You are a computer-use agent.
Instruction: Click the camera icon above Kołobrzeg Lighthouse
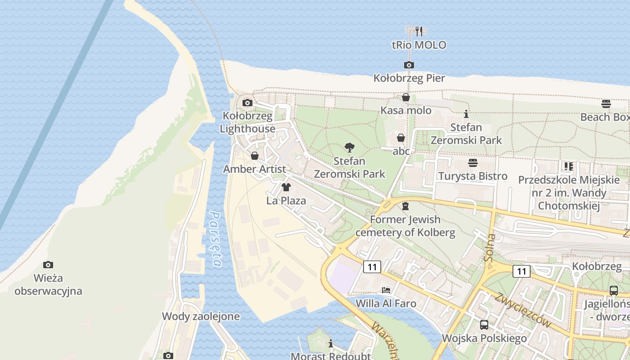pyautogui.click(x=247, y=103)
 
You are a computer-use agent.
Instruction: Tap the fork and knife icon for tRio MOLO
pyautogui.click(x=419, y=31)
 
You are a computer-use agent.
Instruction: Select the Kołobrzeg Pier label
pyautogui.click(x=409, y=78)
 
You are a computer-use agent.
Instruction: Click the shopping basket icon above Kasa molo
pyautogui.click(x=405, y=97)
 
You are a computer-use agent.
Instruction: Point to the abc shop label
pyautogui.click(x=401, y=151)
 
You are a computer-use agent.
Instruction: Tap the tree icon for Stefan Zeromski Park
pyautogui.click(x=349, y=147)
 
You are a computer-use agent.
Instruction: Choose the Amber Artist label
pyautogui.click(x=254, y=169)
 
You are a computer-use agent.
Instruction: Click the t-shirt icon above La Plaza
pyautogui.click(x=286, y=187)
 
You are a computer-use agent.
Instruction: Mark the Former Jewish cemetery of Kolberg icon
pyautogui.click(x=405, y=206)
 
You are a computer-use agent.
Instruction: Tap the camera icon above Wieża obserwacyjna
pyautogui.click(x=48, y=265)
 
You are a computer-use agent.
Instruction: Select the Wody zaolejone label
pyautogui.click(x=201, y=316)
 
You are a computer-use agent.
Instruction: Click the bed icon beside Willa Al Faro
pyautogui.click(x=386, y=290)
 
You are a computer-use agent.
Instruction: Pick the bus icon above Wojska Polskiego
pyautogui.click(x=484, y=324)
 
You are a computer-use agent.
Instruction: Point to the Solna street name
pyautogui.click(x=490, y=247)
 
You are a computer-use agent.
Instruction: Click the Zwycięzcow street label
pyautogui.click(x=522, y=310)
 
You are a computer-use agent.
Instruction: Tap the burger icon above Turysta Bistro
pyautogui.click(x=472, y=162)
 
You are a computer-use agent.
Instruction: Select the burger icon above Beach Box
pyautogui.click(x=606, y=104)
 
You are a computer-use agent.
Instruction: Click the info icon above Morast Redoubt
pyautogui.click(x=331, y=343)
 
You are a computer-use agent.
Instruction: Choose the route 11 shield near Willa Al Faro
pyautogui.click(x=372, y=267)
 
